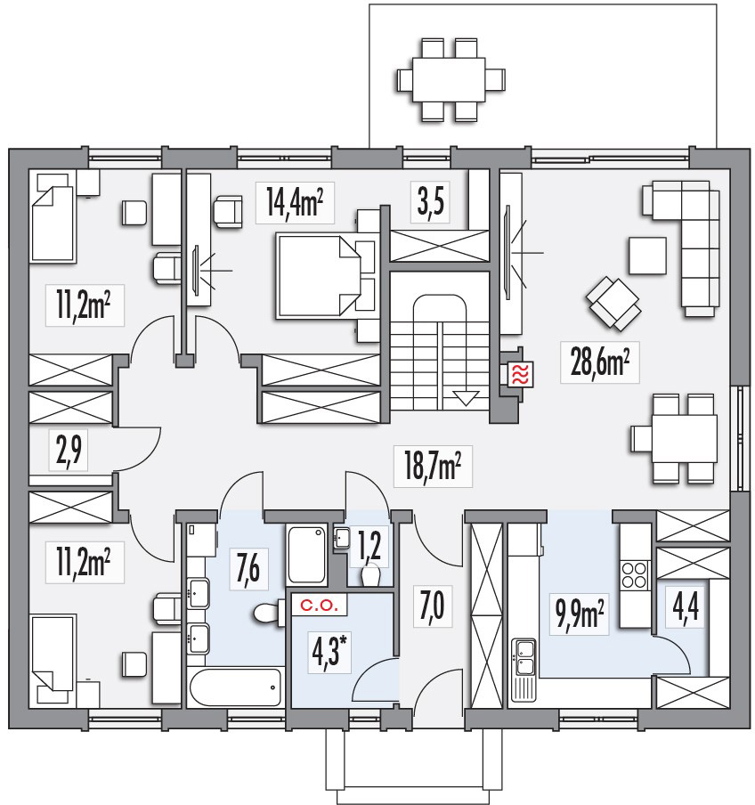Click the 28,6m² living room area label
point(599,362)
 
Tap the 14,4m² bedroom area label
point(295,202)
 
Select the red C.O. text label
point(320,606)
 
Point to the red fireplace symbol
point(520,374)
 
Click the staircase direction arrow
point(466,398)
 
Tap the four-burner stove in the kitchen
point(634,575)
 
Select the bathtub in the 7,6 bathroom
point(235,687)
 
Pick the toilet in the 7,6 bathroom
point(269,613)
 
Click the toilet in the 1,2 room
point(370,575)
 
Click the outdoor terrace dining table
point(449,79)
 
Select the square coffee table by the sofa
point(648,256)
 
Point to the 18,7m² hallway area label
point(432,466)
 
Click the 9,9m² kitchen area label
point(580,614)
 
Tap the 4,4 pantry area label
point(686,608)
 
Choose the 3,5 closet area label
point(430,202)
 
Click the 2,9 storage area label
point(69,451)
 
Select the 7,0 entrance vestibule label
point(432,606)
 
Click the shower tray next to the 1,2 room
point(307,555)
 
